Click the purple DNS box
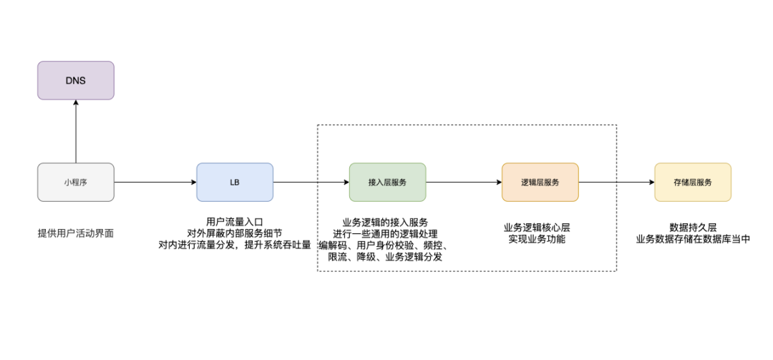point(75,80)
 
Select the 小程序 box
point(75,182)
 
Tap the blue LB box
point(235,182)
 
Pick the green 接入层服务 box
point(387,182)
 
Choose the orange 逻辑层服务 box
point(540,182)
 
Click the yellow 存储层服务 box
point(693,182)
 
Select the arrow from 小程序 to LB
point(155,182)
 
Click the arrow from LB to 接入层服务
point(311,182)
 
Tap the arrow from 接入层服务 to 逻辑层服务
point(464,182)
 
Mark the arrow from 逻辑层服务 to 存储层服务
point(616,182)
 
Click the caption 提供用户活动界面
point(75,233)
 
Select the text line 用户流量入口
point(235,221)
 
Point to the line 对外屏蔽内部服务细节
point(235,233)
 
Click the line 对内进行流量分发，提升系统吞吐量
point(235,245)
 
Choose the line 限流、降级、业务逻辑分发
point(385,257)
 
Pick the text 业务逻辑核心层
point(537,228)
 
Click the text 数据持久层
point(693,228)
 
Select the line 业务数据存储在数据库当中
point(693,240)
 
